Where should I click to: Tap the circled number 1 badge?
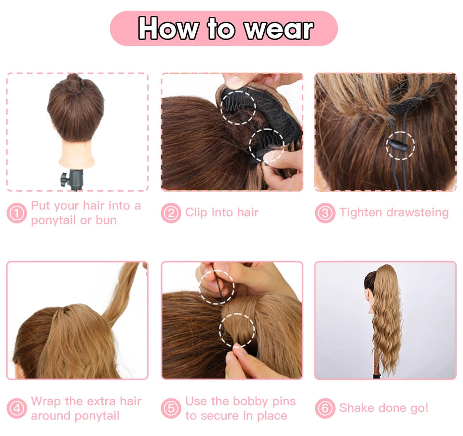17,213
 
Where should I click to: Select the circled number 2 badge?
171,213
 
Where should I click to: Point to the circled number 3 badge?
325,213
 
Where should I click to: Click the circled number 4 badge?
17,409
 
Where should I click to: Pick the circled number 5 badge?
171,409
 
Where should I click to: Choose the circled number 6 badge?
325,409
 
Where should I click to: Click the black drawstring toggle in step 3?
399,145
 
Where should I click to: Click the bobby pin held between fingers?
218,283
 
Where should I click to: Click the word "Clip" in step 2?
196,213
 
